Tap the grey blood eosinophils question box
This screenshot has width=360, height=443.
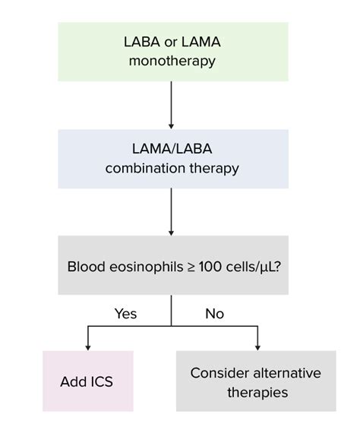coord(173,266)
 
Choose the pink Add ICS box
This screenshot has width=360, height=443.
coord(87,381)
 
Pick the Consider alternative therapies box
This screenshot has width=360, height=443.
coord(255,381)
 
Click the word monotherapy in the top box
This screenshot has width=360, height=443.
coord(173,61)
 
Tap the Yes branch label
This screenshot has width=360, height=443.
coord(126,313)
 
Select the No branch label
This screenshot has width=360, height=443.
coord(215,313)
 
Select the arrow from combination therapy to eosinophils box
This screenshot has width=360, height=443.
coord(172,212)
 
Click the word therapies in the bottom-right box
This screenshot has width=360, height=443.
coord(255,392)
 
